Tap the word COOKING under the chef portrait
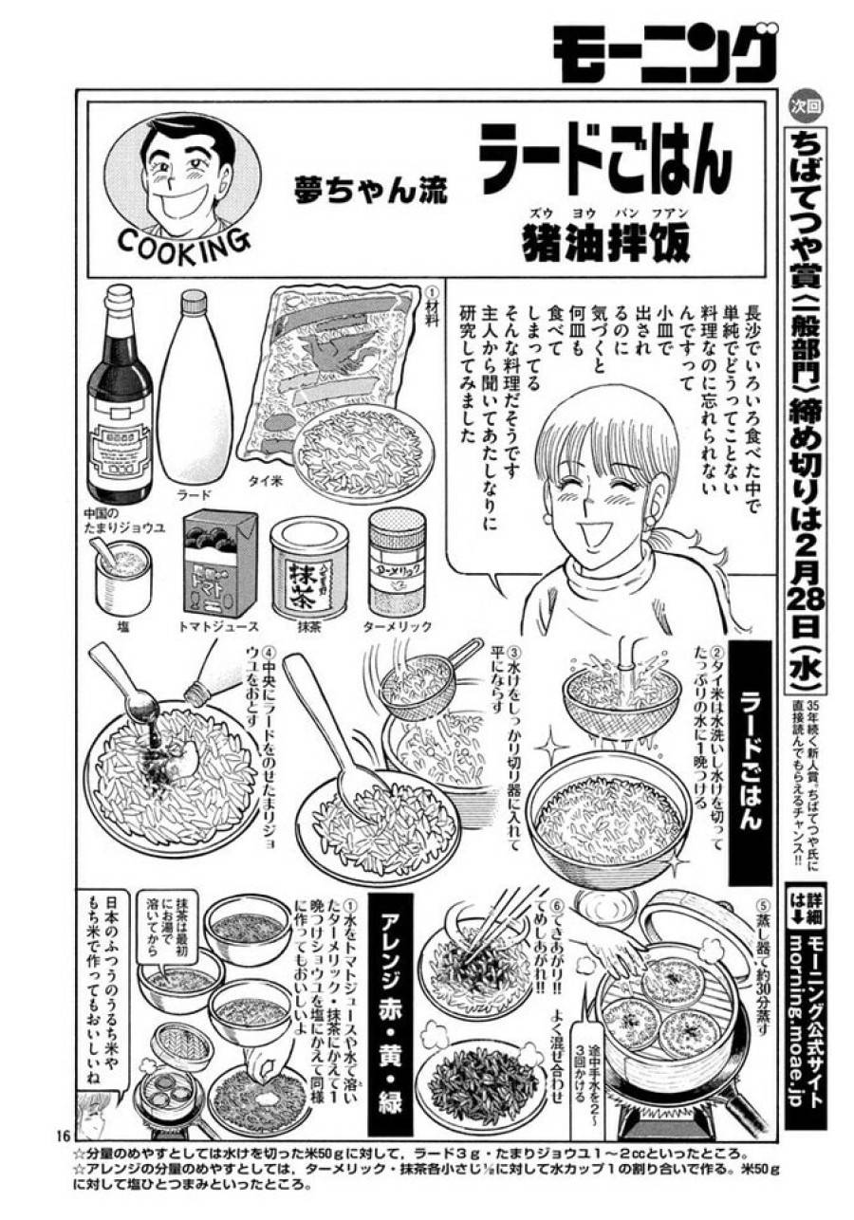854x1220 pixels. pyautogui.click(x=184, y=244)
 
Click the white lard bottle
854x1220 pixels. pyautogui.click(x=194, y=389)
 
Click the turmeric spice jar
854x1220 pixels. pyautogui.click(x=397, y=560)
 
